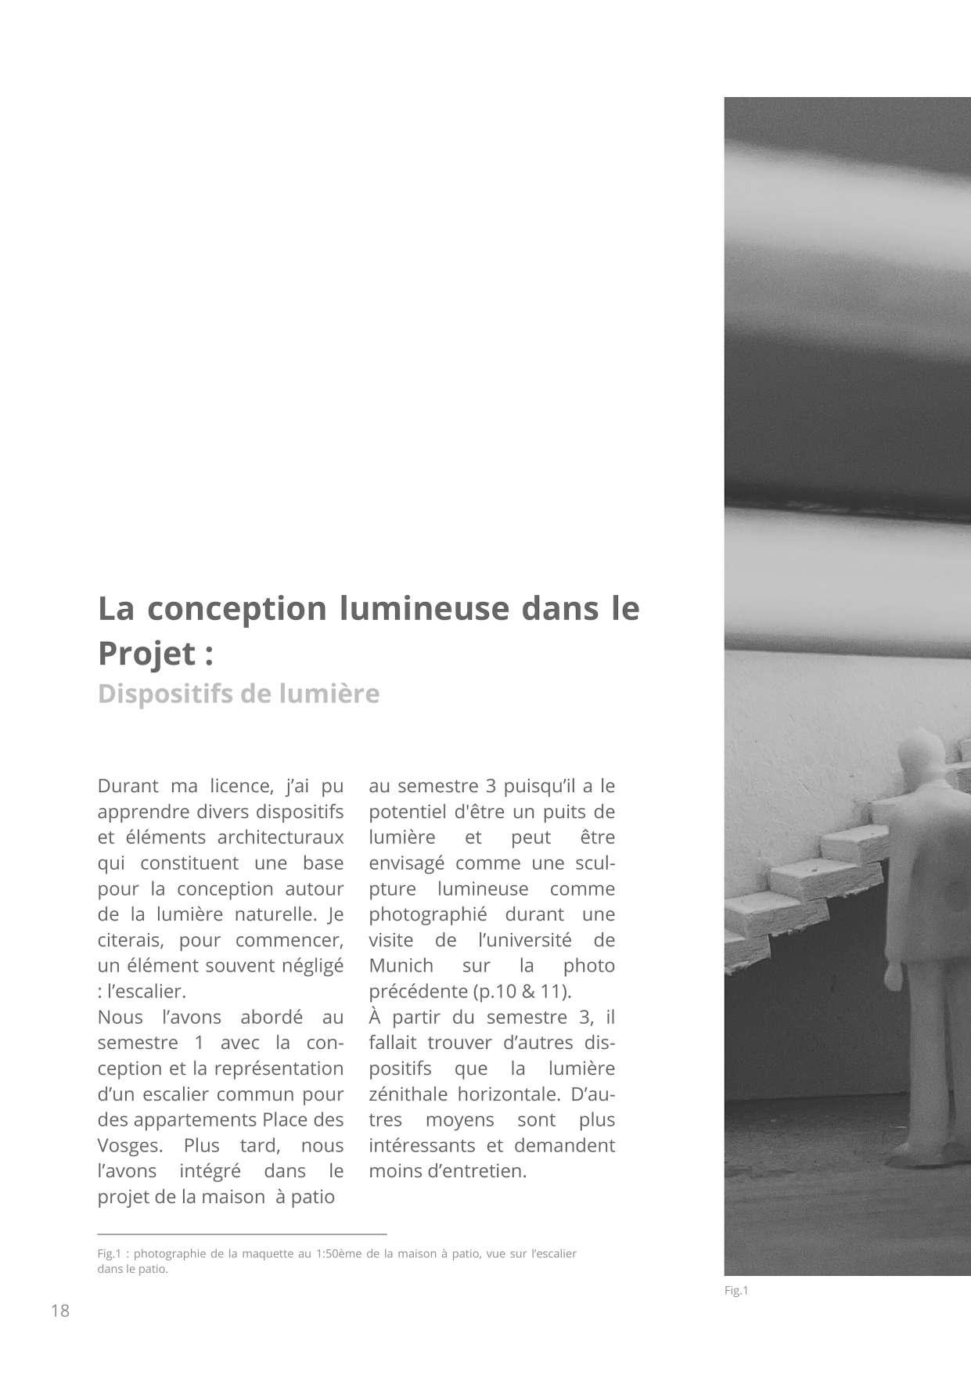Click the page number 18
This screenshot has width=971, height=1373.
pos(60,1310)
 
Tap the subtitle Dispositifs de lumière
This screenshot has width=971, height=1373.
pos(239,694)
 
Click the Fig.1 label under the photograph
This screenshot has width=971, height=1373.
pos(736,1291)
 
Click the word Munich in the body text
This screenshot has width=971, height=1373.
pos(401,966)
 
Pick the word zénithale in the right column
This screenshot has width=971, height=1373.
pos(408,1094)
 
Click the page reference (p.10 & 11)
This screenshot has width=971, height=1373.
pos(523,992)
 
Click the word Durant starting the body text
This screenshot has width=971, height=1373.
pos(127,786)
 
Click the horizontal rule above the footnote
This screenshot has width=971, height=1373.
pos(243,1234)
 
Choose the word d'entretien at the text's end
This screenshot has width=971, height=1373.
pos(477,1172)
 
